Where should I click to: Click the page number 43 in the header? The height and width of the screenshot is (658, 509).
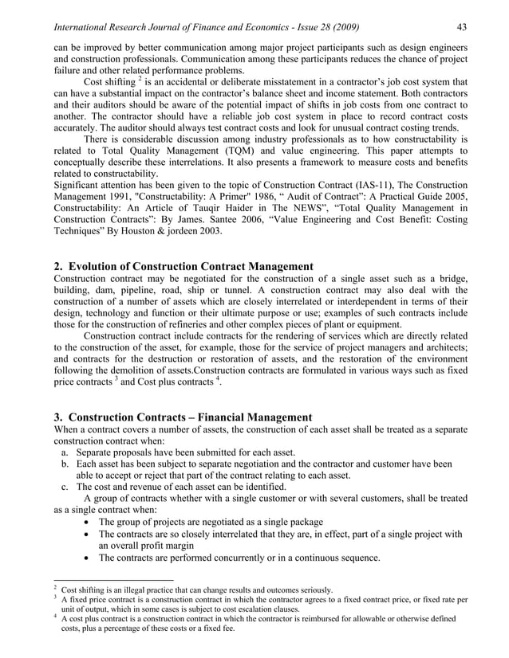pyautogui.click(x=460, y=29)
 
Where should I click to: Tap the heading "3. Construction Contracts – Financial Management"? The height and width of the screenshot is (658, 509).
pyautogui.click(x=182, y=417)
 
